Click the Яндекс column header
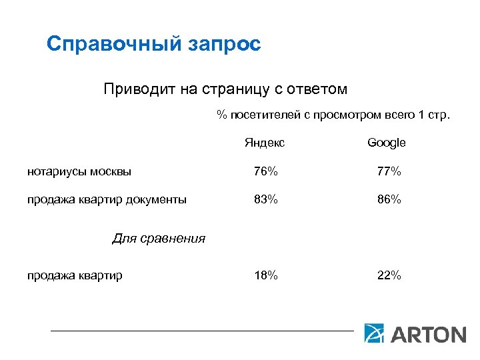click(x=265, y=143)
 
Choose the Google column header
click(x=387, y=143)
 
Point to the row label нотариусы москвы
click(x=79, y=171)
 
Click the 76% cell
click(x=265, y=171)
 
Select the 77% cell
click(x=389, y=171)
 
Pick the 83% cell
click(x=265, y=199)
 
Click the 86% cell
click(x=389, y=199)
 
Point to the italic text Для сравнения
click(x=159, y=238)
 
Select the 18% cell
click(x=265, y=275)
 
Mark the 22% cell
click(x=389, y=275)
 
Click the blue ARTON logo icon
click(x=374, y=333)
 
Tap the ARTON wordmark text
click(x=427, y=333)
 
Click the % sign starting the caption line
click(x=221, y=115)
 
